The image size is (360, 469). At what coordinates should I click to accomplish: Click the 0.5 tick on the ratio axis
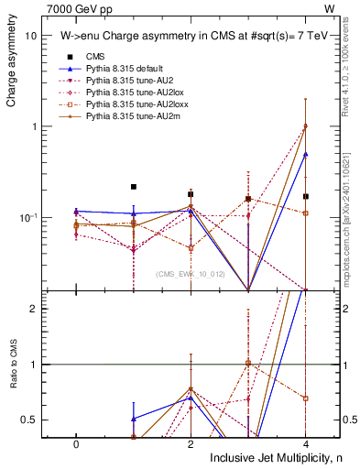coord(29,420)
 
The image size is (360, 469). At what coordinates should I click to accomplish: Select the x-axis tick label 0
coord(76,442)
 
